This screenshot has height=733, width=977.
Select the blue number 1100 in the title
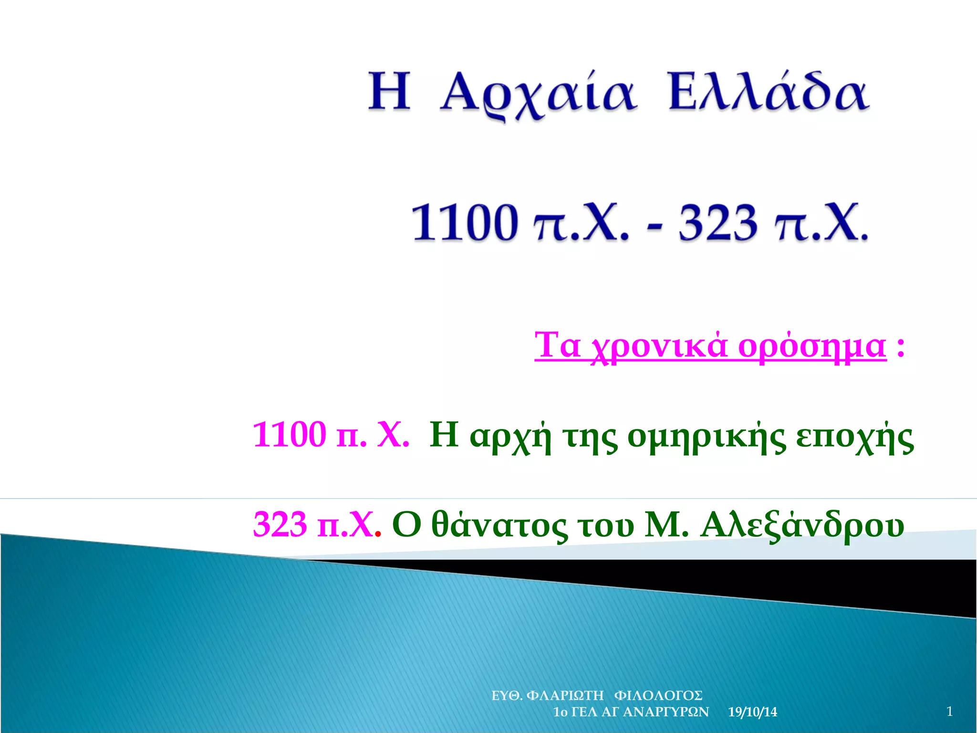point(465,222)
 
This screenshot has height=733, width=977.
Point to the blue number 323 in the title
point(718,222)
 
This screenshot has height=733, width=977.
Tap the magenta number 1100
point(289,435)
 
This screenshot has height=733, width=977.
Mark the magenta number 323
point(280,524)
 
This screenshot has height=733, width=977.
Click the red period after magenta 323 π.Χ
point(378,534)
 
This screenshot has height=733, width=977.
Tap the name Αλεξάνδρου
point(802,525)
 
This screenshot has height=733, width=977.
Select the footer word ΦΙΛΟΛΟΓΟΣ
point(658,695)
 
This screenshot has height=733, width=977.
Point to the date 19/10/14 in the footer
point(752,712)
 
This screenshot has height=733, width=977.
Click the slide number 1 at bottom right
point(949,711)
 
